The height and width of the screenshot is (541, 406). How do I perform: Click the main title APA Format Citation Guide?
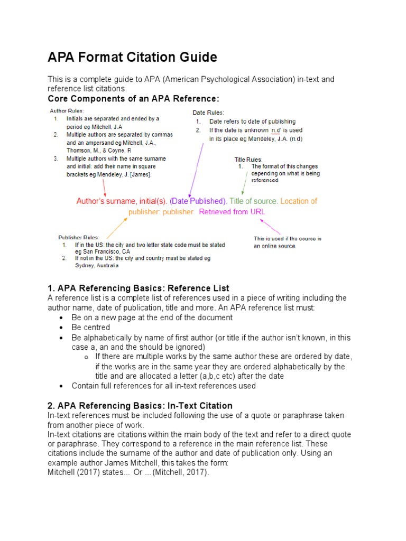[x=132, y=57]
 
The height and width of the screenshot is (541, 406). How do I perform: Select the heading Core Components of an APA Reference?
[x=133, y=99]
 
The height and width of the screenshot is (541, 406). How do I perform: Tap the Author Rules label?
[x=66, y=110]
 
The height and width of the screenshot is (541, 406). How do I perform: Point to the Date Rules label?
[x=208, y=113]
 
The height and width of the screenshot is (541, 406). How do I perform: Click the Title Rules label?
[x=248, y=159]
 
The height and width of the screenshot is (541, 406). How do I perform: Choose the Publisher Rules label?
[x=78, y=237]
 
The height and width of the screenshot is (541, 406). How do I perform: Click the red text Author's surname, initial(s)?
[x=122, y=201]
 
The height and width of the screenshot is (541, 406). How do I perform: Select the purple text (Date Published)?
[x=198, y=201]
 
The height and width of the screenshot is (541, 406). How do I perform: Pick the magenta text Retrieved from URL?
[x=233, y=211]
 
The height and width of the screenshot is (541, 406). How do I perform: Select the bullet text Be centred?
[x=91, y=328]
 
